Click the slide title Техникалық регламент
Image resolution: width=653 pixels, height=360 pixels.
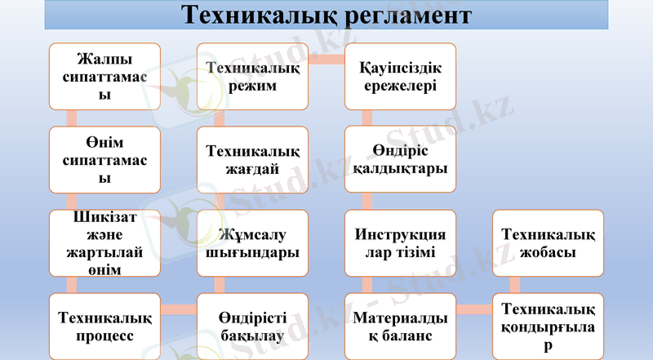[x=326, y=16]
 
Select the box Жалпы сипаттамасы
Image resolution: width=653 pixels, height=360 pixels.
[x=104, y=77]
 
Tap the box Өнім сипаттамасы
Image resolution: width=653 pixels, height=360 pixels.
[x=104, y=160]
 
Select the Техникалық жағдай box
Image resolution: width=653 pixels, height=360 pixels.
[x=252, y=160]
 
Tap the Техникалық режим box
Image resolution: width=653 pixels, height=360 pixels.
[x=252, y=77]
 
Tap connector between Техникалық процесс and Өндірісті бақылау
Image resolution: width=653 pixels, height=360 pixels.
[x=179, y=309]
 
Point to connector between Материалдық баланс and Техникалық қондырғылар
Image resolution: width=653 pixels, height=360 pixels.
[x=473, y=309]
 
